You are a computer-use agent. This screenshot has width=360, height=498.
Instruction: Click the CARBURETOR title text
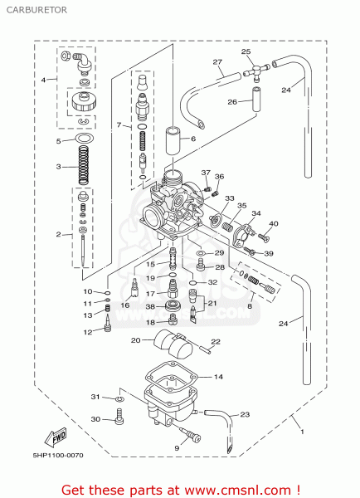36,10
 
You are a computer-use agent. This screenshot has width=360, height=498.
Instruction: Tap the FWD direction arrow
56,437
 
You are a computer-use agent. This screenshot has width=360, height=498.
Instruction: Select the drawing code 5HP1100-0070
58,456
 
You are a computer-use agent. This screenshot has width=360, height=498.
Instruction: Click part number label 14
218,377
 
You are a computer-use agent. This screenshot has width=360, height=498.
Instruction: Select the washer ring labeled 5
85,139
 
